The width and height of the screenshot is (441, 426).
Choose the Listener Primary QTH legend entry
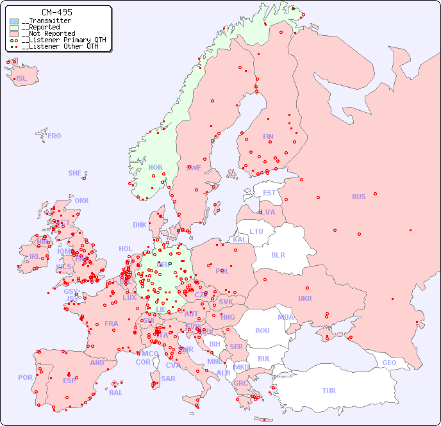(x=62, y=40)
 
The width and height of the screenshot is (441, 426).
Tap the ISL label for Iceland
(x=22, y=79)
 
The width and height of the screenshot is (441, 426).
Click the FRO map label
(x=54, y=136)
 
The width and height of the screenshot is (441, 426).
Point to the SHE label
(x=75, y=173)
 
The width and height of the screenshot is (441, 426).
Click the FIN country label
(x=268, y=136)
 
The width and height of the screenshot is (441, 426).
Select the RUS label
(x=358, y=197)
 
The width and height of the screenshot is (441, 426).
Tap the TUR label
(x=329, y=391)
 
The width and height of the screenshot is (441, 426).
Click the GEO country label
(x=389, y=363)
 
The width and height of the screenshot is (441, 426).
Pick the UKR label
(x=305, y=299)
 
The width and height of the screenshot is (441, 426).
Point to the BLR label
(x=278, y=254)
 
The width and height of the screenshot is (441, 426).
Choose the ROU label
(x=262, y=331)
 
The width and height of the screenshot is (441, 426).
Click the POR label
(x=25, y=377)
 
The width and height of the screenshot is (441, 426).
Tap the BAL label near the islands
(x=116, y=393)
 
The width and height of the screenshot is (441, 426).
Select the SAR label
(x=169, y=379)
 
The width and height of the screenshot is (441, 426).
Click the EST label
(x=269, y=193)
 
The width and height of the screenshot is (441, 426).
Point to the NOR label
(x=156, y=167)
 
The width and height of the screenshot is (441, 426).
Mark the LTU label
(x=256, y=231)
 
